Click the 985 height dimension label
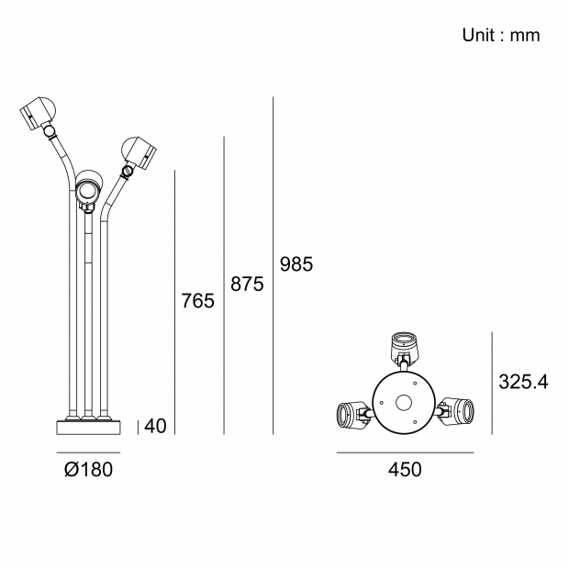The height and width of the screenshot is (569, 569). coord(296,264)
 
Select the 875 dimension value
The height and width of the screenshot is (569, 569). coord(247,284)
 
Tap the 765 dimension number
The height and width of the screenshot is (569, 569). coord(197,301)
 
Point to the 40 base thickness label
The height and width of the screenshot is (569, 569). coord(155,426)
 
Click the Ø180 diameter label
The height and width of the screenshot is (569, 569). coord(88,469)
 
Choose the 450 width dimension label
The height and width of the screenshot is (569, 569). coord(405,469)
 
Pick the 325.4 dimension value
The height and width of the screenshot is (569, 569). coord(523,382)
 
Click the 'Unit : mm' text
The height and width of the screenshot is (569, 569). coord(501,35)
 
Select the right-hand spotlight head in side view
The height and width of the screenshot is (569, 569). coord(139,152)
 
